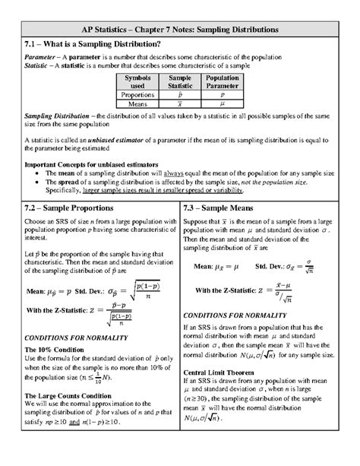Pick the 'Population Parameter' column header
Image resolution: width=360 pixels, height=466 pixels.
point(222,82)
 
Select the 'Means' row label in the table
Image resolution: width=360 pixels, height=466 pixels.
point(137,103)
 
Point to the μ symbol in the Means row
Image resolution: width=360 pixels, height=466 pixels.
point(222,103)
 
